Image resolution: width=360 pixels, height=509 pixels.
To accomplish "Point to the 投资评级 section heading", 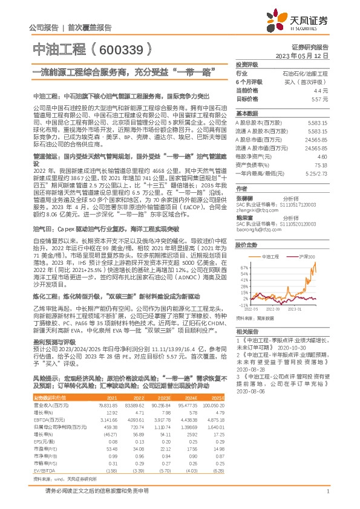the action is pos(246,63).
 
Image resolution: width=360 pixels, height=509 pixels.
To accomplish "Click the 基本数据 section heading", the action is pos(246,113).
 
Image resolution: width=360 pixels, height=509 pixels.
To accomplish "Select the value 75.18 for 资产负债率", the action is pos(321,164).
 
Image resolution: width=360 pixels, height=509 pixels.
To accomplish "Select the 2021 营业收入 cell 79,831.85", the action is pos(108,405).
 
